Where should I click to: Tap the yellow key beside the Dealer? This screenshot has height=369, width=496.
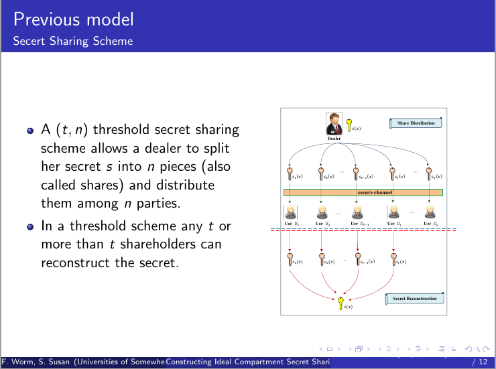coord(349,125)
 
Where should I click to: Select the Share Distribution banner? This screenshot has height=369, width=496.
coord(416,123)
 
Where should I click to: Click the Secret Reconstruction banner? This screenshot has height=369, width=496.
coord(415,299)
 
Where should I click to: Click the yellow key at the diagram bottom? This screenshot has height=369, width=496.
coord(341,303)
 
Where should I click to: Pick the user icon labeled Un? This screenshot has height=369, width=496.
coord(428,212)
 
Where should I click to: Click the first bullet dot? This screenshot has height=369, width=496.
coord(30,130)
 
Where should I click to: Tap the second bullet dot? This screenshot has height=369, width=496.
coord(30,227)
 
